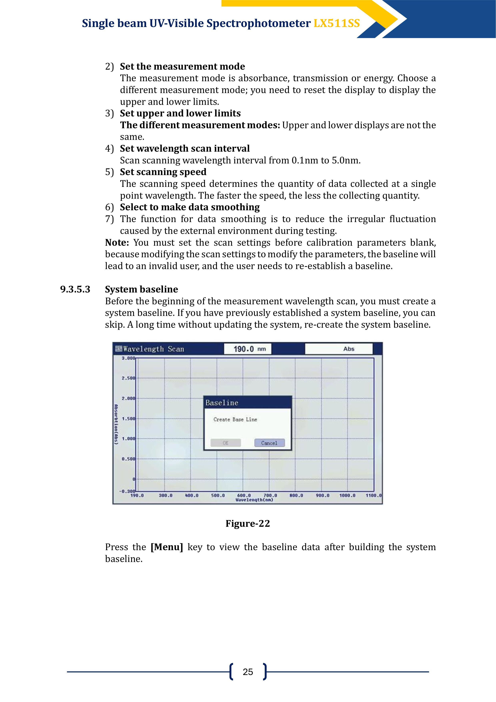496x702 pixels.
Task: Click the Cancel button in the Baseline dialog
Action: click(x=269, y=443)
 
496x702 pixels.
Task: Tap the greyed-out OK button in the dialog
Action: click(x=226, y=443)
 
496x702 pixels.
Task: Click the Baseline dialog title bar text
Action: click(x=222, y=403)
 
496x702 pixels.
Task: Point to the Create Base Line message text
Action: click(x=235, y=420)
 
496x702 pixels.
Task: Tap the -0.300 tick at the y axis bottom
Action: click(x=127, y=491)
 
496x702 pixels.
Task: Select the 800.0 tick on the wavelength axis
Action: click(x=296, y=496)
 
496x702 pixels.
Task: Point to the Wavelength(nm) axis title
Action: click(x=254, y=500)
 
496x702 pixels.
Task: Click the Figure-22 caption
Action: click(x=248, y=524)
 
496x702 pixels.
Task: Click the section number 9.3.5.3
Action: click(x=75, y=289)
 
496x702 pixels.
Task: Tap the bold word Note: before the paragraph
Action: click(x=117, y=242)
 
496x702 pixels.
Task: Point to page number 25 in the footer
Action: click(x=248, y=672)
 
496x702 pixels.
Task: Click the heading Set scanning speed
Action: click(x=163, y=172)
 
